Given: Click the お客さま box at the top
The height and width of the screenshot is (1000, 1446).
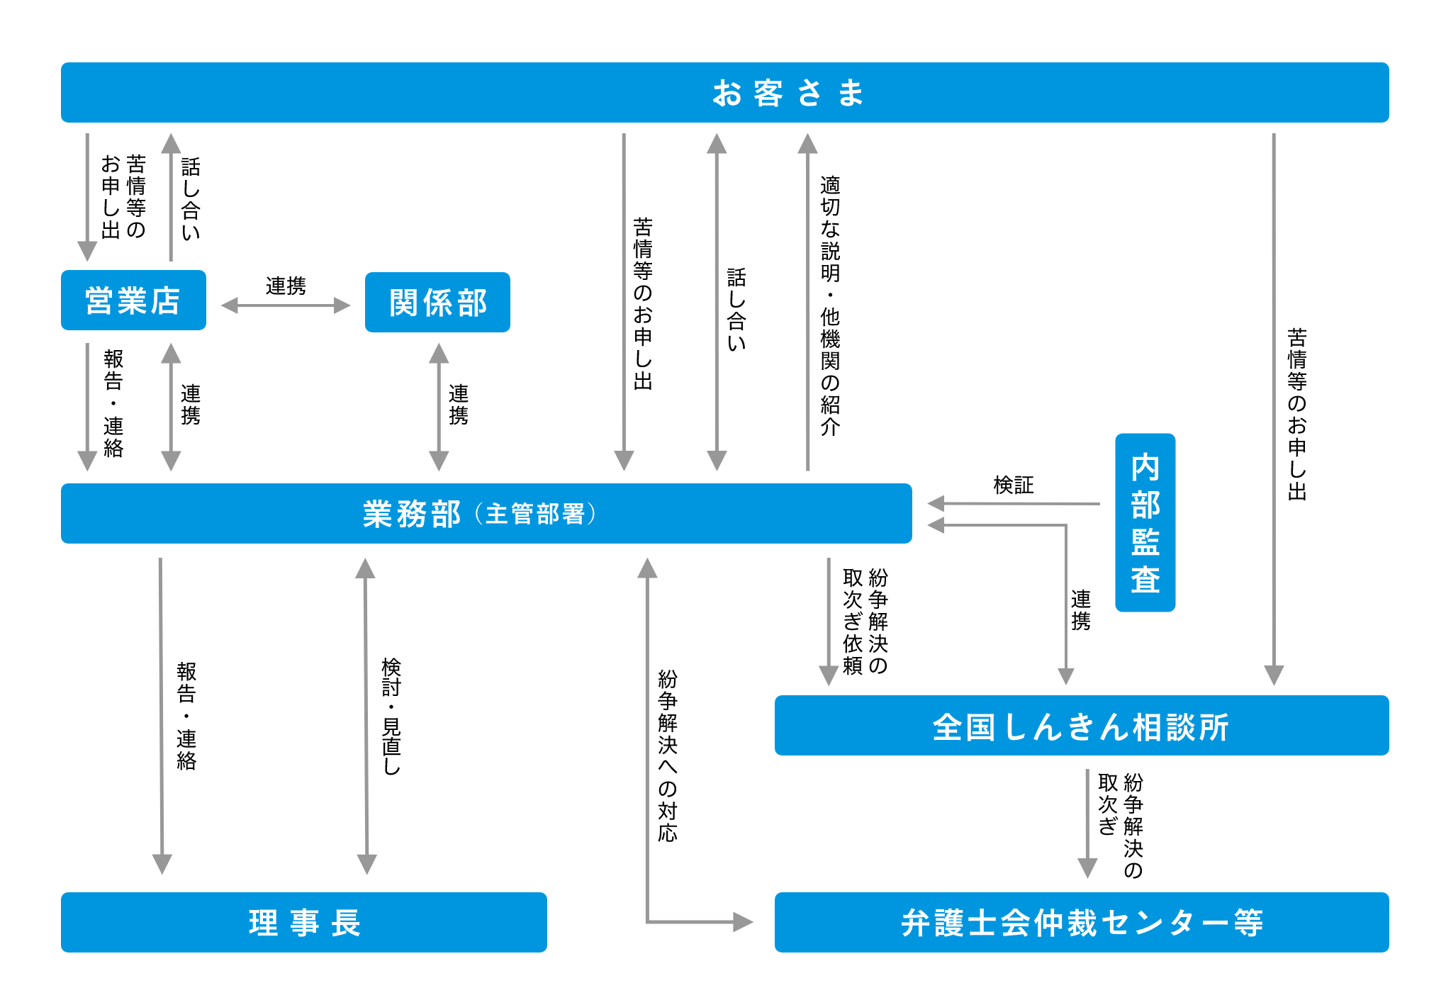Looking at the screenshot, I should pos(724,93).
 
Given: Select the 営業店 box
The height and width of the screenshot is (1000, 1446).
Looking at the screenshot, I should pos(133,300).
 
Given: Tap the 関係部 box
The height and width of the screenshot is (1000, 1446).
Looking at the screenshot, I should pos(437,303).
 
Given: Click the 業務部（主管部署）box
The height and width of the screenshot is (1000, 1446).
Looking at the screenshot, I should pos(486,514).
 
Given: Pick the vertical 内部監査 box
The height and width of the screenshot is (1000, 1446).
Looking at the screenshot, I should pos(1145,523).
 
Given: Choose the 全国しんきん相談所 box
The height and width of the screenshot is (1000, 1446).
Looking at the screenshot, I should pos(1081,726).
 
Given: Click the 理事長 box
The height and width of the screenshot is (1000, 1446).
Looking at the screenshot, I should pos(303,922).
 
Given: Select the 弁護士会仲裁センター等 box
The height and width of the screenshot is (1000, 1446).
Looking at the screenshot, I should pos(1081,922).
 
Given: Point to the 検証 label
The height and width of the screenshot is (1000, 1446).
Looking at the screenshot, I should pos(1014,485).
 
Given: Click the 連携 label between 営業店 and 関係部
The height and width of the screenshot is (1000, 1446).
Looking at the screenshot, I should pos(286,286).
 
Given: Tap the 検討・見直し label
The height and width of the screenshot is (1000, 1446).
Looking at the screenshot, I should pos(391,716).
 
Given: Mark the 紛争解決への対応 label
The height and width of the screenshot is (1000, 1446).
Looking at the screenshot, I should pos(668,755).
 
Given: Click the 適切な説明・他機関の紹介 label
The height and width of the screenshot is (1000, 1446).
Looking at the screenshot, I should pos(830,305).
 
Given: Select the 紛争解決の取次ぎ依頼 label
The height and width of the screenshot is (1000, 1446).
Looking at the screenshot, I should pos(865,622).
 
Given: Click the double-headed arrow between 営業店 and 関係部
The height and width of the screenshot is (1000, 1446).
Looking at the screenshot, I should pos(286,305).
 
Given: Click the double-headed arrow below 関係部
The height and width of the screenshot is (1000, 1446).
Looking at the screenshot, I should pos(439,407).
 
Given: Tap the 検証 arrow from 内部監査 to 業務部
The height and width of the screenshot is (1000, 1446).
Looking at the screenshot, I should pos(1014,504).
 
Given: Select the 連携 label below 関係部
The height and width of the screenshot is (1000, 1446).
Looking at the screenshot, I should pos(459,405).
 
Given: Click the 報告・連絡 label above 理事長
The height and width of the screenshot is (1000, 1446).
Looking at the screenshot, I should pos(186,716).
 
